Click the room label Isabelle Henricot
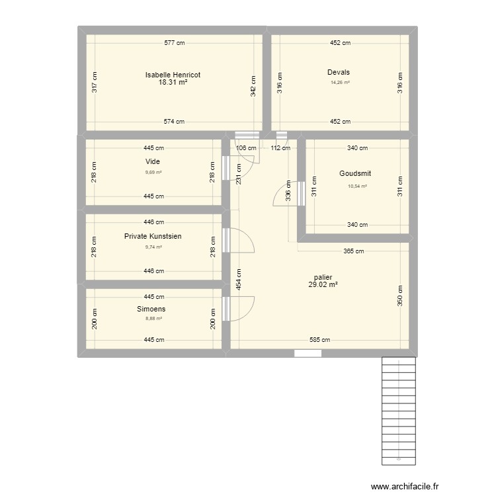173,75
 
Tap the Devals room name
338,72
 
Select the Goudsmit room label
355,173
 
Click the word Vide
153,161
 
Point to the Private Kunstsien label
153,236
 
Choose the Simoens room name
151,309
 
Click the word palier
323,277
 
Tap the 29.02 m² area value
323,284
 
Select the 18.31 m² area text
173,83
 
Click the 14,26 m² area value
340,83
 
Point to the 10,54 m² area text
357,186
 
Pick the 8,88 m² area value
153,318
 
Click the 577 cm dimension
175,43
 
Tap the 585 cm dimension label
320,340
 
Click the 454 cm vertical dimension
239,280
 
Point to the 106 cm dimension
247,148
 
